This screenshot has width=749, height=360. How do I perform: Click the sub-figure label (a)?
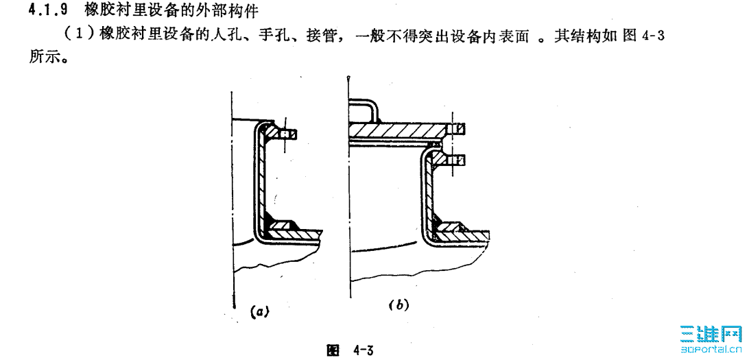(258, 311)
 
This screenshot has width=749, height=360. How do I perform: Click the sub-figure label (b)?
(399, 304)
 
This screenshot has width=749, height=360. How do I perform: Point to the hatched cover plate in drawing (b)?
(398, 129)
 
